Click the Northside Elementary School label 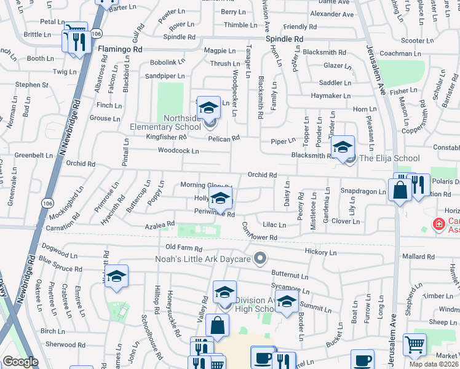point(165,122)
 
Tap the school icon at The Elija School point(343,147)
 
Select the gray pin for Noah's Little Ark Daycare point(260,258)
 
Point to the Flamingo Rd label point(121,49)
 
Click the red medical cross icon point(439,224)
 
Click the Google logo point(20,362)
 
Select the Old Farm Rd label point(184,247)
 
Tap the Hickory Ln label point(320,252)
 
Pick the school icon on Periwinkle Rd point(220,199)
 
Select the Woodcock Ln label point(178,151)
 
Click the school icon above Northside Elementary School point(209,108)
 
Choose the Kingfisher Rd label point(165,137)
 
